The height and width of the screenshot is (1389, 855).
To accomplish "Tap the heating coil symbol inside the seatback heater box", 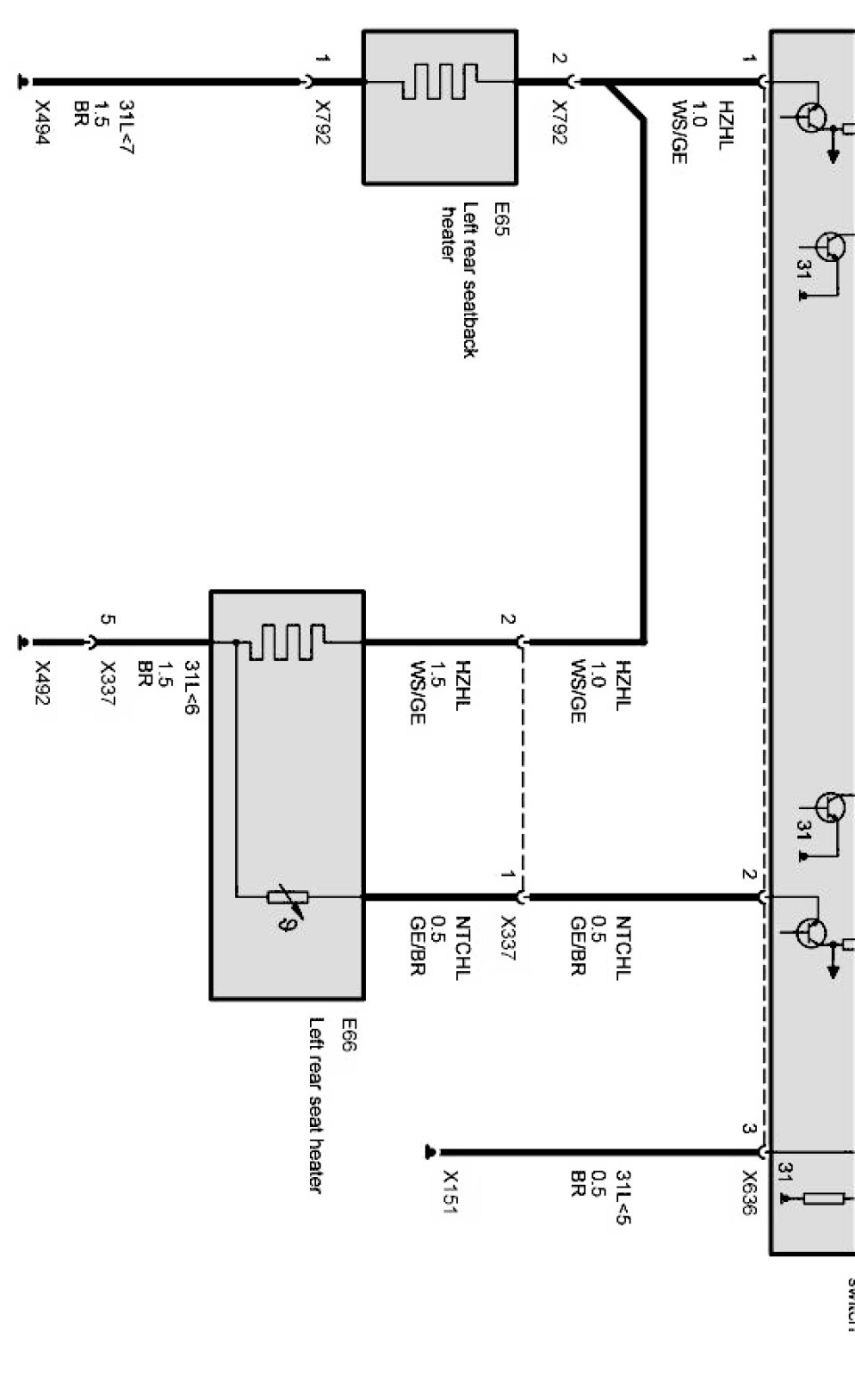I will (439, 82).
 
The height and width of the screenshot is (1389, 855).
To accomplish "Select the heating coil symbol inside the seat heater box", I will (287, 641).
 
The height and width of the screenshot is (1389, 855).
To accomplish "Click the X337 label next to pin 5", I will (108, 682).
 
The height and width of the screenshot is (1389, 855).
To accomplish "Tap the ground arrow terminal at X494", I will (23, 83).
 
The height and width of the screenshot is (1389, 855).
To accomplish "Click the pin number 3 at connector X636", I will (749, 1129).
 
